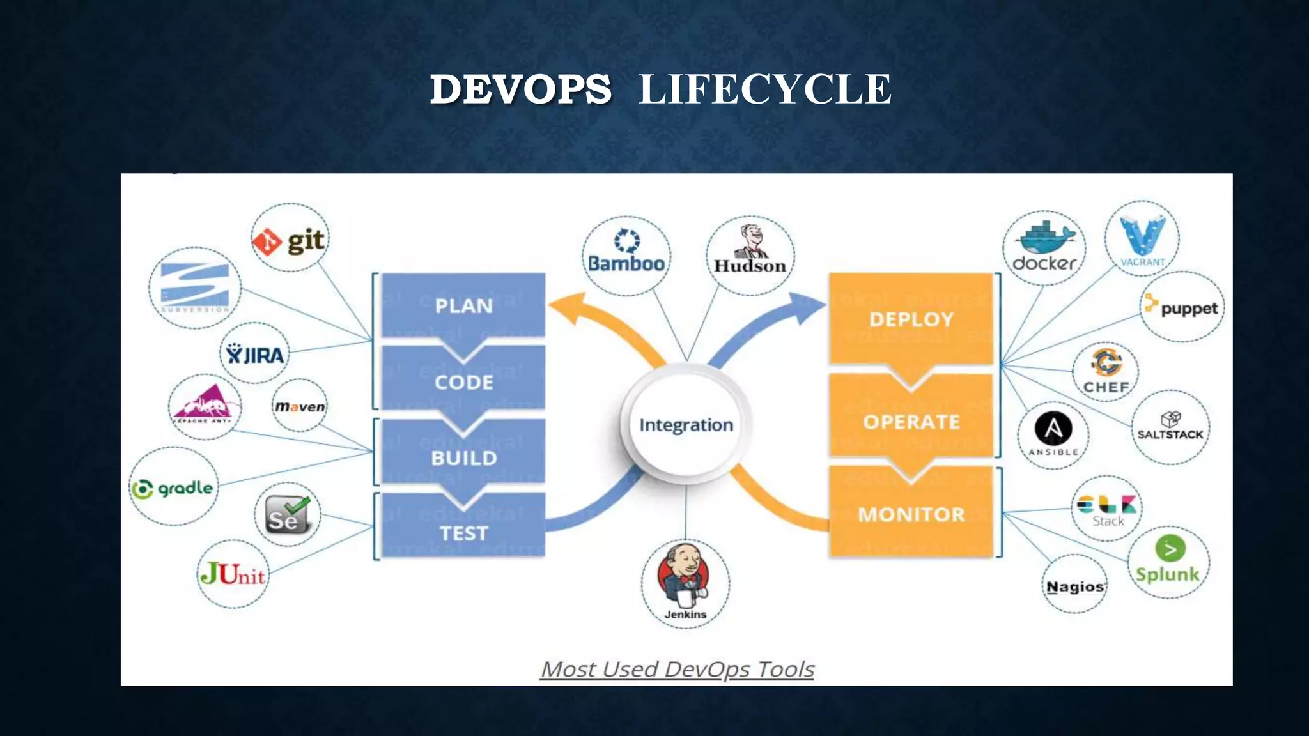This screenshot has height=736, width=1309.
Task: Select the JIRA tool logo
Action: [255, 354]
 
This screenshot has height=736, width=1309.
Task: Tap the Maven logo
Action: [300, 406]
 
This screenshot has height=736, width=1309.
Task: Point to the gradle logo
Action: [173, 488]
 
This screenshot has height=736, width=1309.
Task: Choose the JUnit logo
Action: [233, 574]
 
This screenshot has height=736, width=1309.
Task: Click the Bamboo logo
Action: [626, 254]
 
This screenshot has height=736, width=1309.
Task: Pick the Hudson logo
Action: [750, 254]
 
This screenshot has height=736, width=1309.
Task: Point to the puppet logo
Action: [1182, 307]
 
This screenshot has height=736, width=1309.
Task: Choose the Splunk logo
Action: [1168, 561]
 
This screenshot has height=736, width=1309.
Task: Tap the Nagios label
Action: [1075, 586]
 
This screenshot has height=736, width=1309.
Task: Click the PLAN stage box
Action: [463, 305]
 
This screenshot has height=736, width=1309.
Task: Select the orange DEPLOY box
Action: [911, 319]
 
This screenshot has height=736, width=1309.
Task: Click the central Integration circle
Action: [686, 425]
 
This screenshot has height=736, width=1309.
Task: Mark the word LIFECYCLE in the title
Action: [764, 89]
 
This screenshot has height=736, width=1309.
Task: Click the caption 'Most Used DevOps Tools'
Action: [677, 669]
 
